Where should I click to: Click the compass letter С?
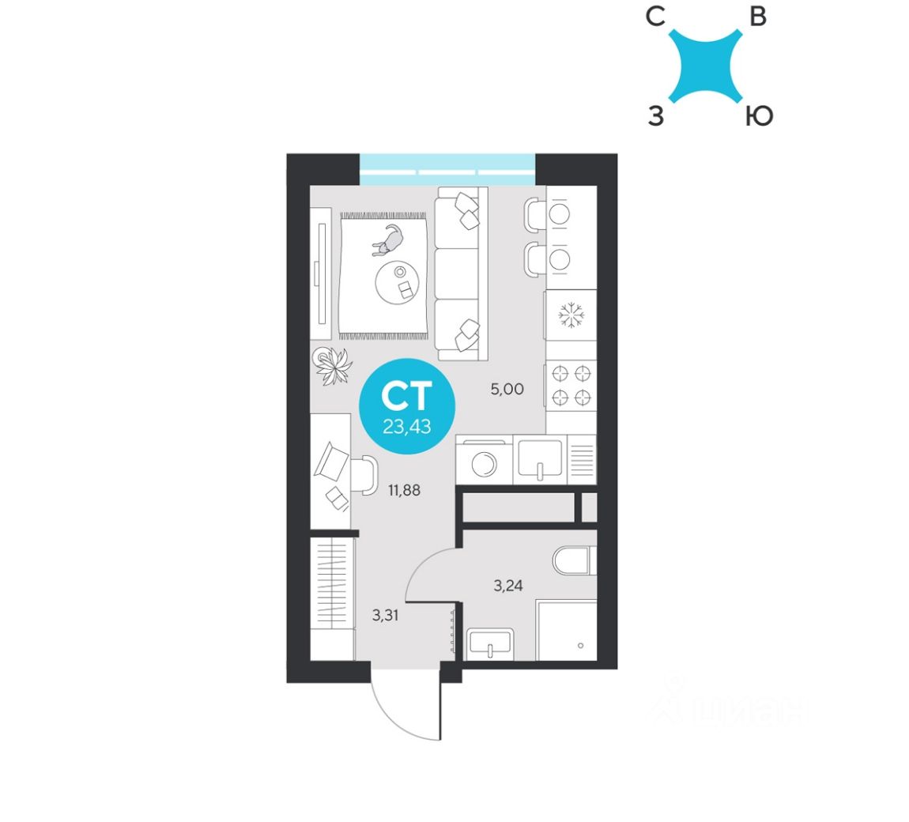pyautogui.click(x=655, y=17)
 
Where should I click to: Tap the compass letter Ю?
pyautogui.click(x=758, y=117)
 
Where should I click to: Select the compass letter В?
pyautogui.click(x=758, y=17)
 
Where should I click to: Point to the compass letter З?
pyautogui.click(x=655, y=117)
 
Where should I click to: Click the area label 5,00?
pyautogui.click(x=507, y=389)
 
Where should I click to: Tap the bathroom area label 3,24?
pyautogui.click(x=508, y=586)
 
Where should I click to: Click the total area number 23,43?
pyautogui.click(x=406, y=427)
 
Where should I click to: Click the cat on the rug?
pyautogui.click(x=388, y=239)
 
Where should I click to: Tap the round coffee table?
pyautogui.click(x=396, y=282)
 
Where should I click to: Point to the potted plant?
pyautogui.click(x=332, y=366)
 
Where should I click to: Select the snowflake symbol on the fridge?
pyautogui.click(x=571, y=316)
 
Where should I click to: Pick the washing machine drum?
pyautogui.click(x=483, y=463)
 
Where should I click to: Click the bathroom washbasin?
pyautogui.click(x=489, y=644)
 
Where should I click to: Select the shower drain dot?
pyautogui.click(x=581, y=646)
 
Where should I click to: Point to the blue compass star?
pyautogui.click(x=705, y=66)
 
